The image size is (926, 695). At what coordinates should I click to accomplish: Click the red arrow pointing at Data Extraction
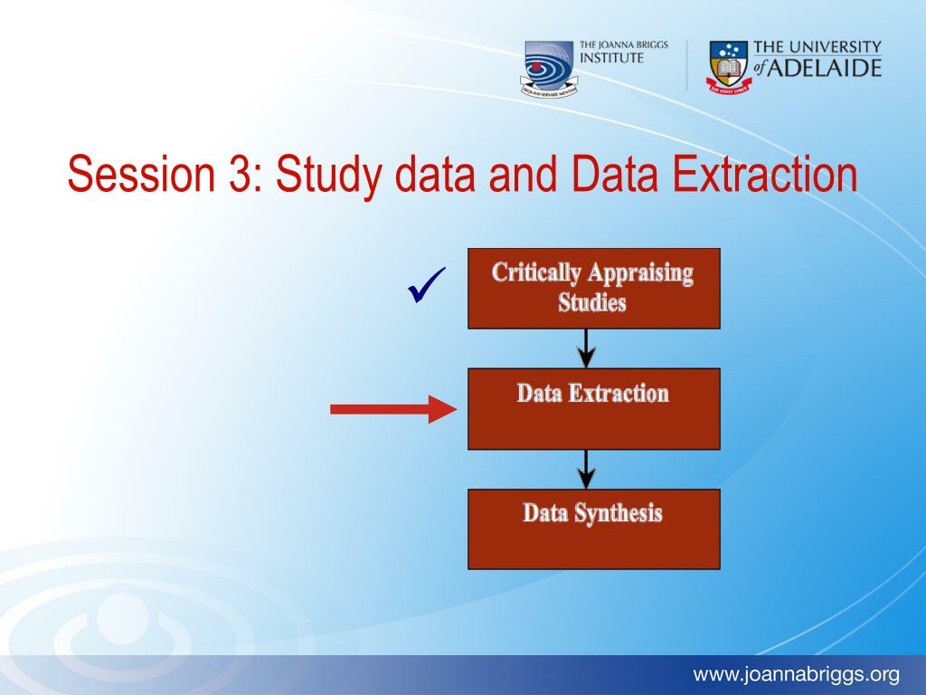coord(393,409)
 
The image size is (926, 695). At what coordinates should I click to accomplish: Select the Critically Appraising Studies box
coord(593,289)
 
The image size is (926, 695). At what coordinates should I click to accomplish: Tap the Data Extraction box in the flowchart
coord(593,409)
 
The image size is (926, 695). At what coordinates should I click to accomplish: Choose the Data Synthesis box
coord(593,528)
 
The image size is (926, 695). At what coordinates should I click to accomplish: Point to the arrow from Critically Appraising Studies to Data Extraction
coord(586,348)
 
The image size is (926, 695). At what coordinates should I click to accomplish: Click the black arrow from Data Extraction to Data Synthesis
coord(586,470)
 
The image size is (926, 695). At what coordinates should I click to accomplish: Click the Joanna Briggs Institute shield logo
coord(549,69)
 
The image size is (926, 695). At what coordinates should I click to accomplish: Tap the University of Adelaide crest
coord(730,67)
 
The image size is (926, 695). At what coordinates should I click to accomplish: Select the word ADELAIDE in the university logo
coord(825,68)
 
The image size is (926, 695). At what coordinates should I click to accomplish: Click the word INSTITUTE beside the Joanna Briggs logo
coord(611,58)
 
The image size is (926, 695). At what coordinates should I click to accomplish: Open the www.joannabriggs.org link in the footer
coord(796,673)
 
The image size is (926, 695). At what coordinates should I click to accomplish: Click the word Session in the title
coord(141,174)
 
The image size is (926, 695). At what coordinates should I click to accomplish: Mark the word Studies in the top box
coord(592,302)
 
